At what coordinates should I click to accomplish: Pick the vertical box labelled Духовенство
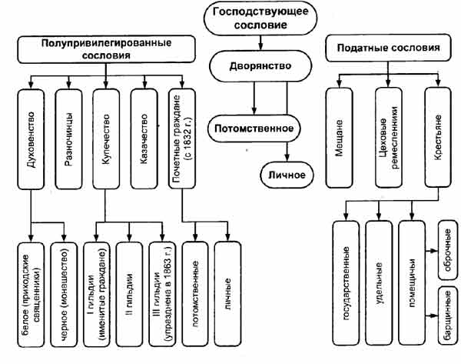click(x=31, y=137)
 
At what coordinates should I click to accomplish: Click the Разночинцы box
click(x=68, y=137)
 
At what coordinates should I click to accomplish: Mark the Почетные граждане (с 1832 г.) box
click(x=182, y=137)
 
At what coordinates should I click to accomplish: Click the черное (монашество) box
click(x=65, y=291)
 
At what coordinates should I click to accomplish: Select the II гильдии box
click(x=130, y=291)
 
